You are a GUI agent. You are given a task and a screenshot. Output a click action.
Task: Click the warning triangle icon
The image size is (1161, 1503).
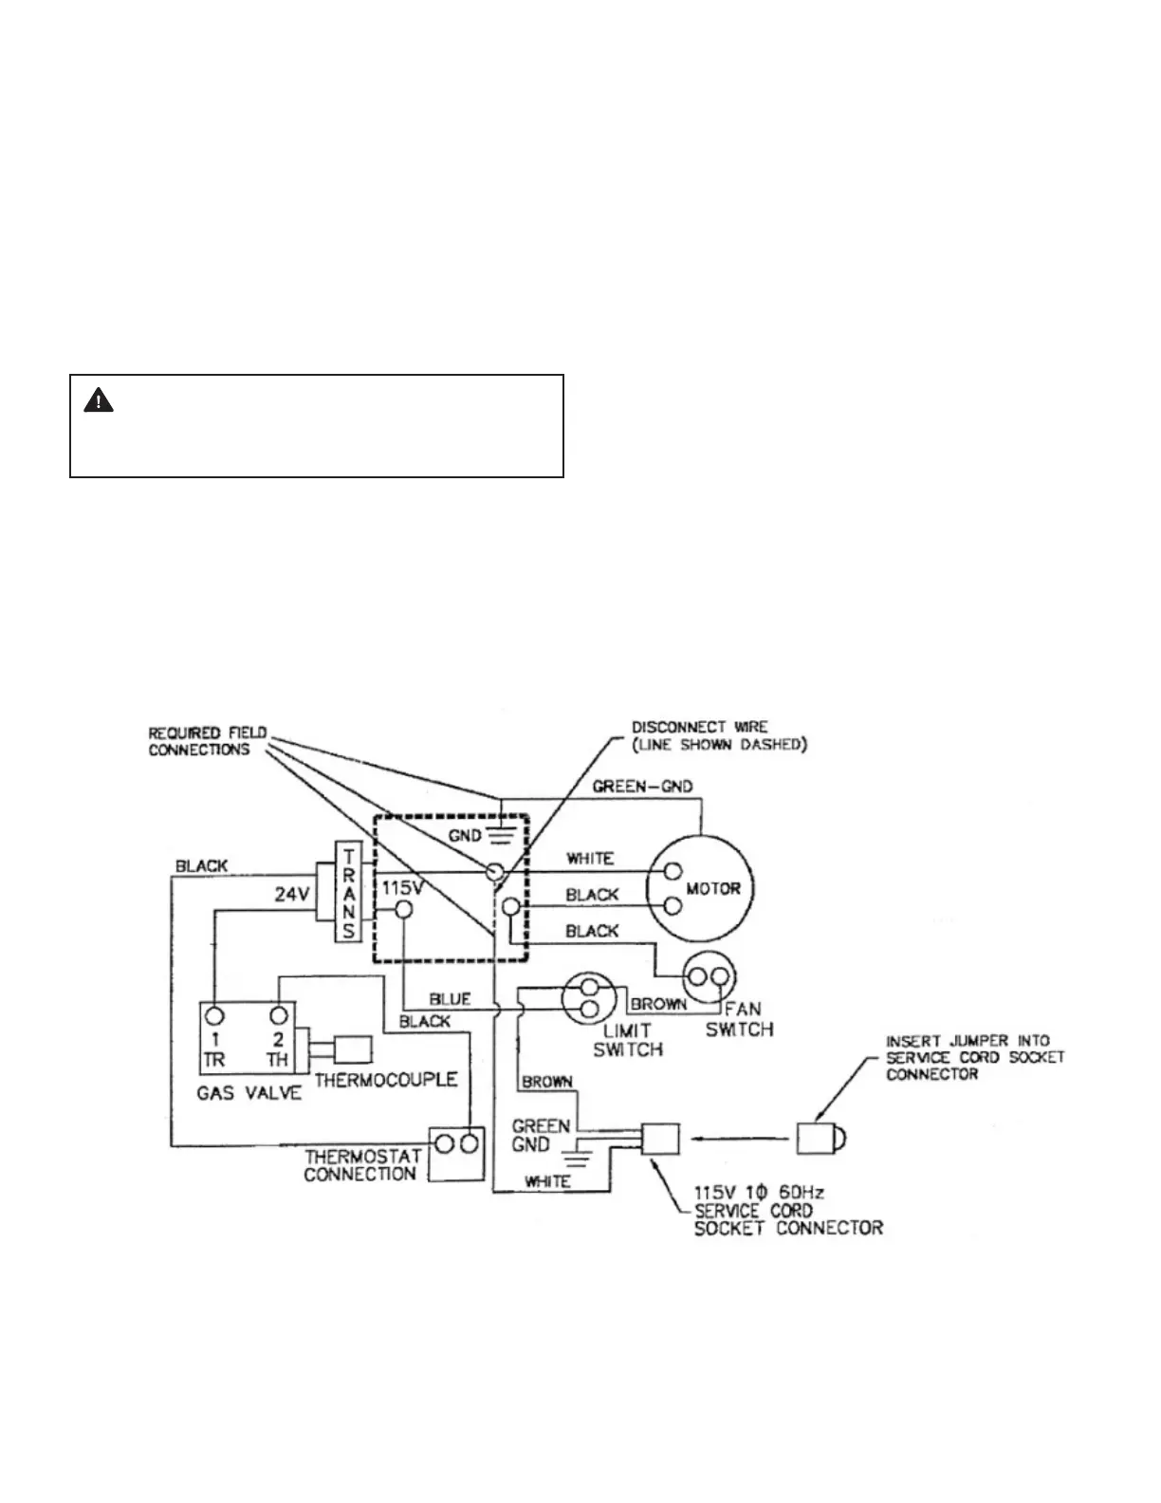(x=99, y=401)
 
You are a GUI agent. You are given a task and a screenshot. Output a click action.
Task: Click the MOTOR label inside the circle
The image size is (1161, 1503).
(x=712, y=889)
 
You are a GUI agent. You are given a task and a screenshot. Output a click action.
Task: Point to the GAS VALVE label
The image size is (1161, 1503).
(x=249, y=1092)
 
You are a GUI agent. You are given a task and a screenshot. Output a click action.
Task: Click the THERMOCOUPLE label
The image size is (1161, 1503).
(x=386, y=1080)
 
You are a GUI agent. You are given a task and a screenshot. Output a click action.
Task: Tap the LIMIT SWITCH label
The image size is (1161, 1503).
(x=627, y=1040)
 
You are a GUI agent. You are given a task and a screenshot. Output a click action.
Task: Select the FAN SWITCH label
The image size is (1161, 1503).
(x=739, y=1019)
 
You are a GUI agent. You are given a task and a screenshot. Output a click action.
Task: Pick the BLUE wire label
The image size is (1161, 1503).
(x=450, y=999)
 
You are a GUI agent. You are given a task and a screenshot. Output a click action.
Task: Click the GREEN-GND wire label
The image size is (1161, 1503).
(x=642, y=787)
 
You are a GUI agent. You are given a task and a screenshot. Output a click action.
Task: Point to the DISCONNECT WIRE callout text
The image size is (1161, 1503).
(x=719, y=736)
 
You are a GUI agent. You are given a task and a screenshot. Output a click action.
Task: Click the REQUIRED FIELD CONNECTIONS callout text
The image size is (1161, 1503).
(x=208, y=741)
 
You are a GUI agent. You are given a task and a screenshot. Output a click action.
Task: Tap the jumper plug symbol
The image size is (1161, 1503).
(x=820, y=1137)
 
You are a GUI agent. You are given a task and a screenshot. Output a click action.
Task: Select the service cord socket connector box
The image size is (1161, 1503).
(x=661, y=1138)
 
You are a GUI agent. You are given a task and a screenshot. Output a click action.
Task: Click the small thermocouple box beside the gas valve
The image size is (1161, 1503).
(x=353, y=1049)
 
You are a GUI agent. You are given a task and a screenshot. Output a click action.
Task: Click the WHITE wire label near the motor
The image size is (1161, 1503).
(x=589, y=859)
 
